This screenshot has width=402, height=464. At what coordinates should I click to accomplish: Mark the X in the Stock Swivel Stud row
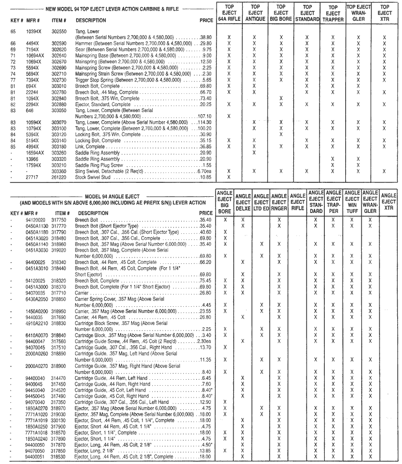coord(229,176)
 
